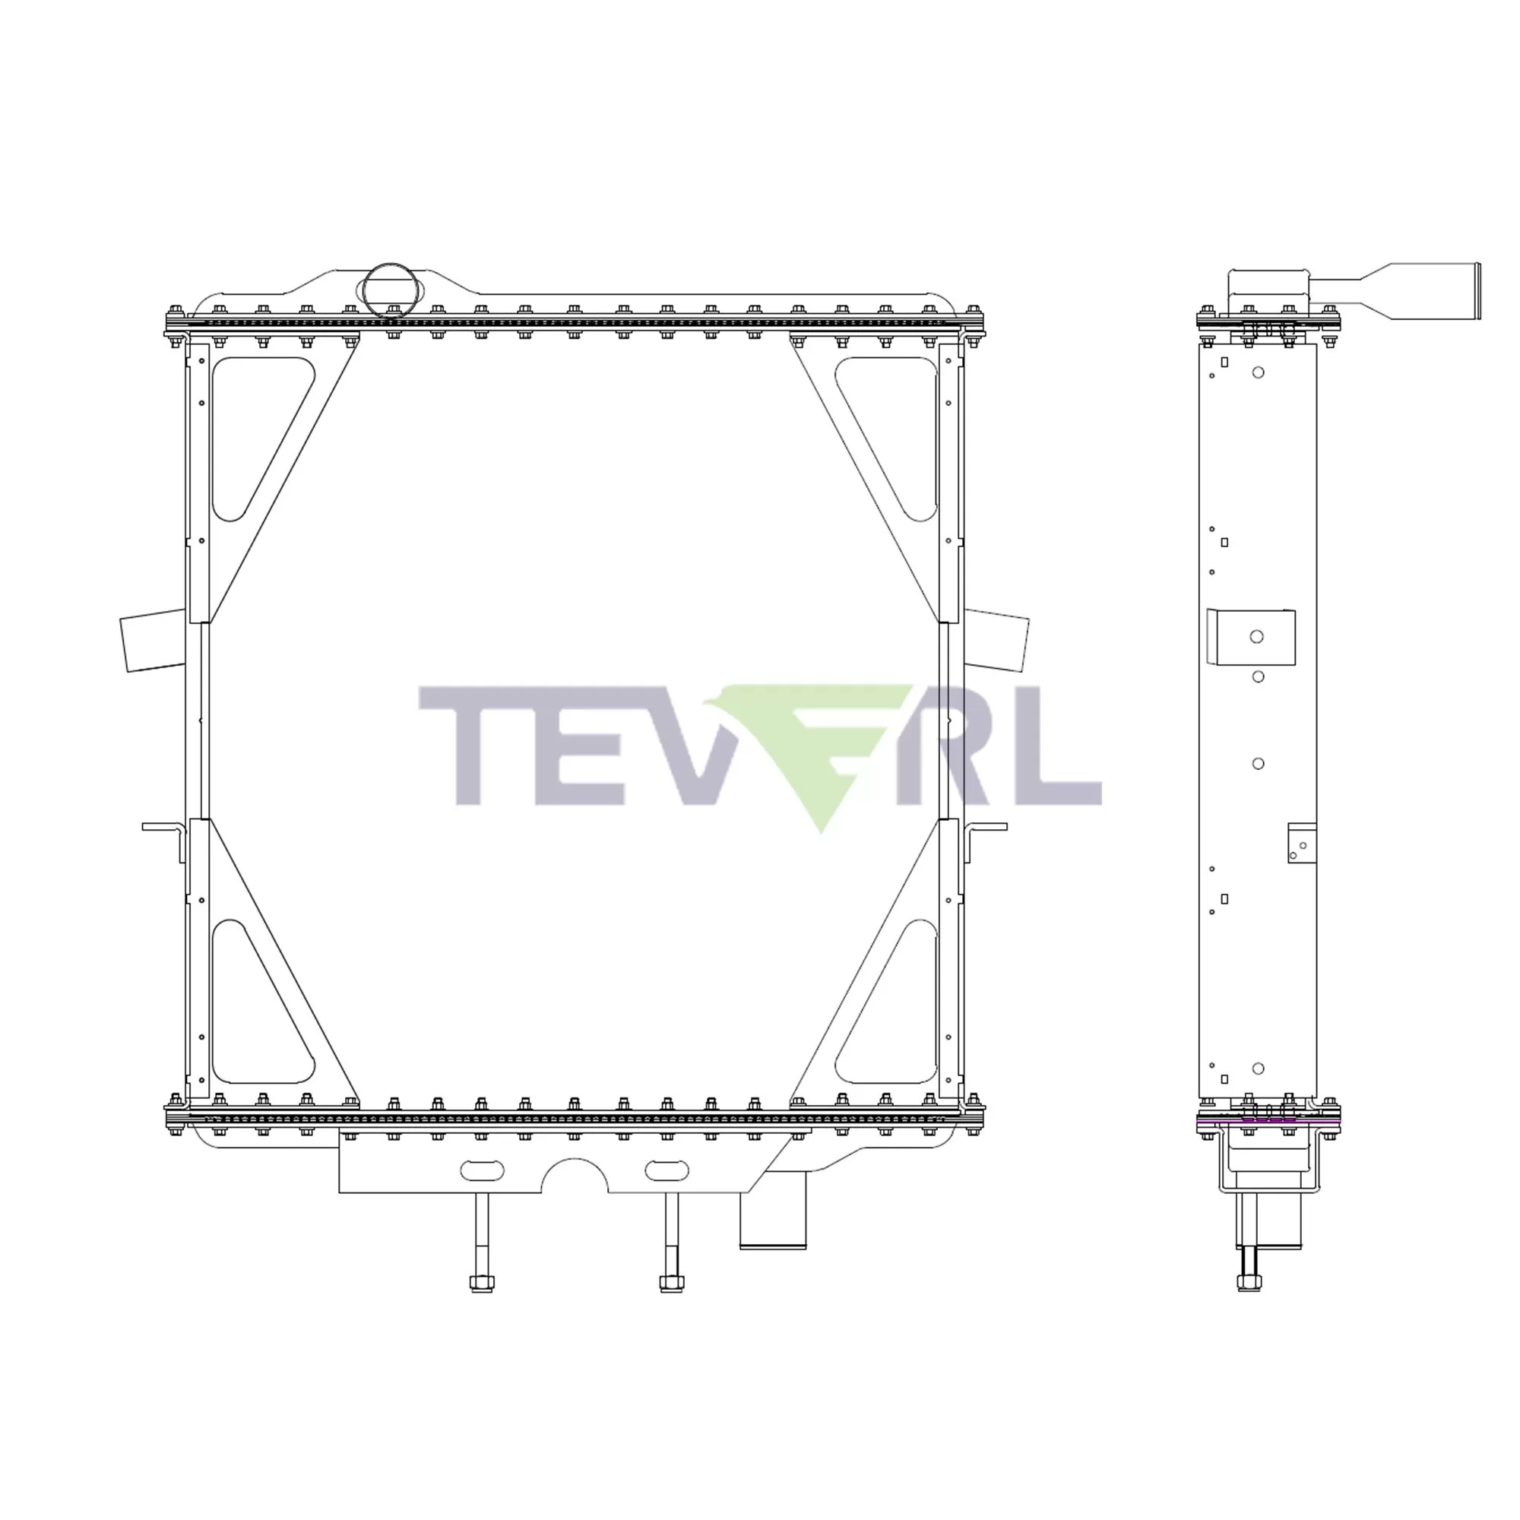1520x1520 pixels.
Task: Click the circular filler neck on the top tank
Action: (x=390, y=290)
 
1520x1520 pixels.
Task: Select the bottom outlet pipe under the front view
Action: (x=773, y=1220)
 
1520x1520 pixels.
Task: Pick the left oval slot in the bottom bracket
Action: (x=482, y=1170)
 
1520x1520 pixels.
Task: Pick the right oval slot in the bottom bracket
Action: (x=667, y=1170)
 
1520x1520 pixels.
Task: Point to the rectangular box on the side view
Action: (x=1251, y=638)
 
